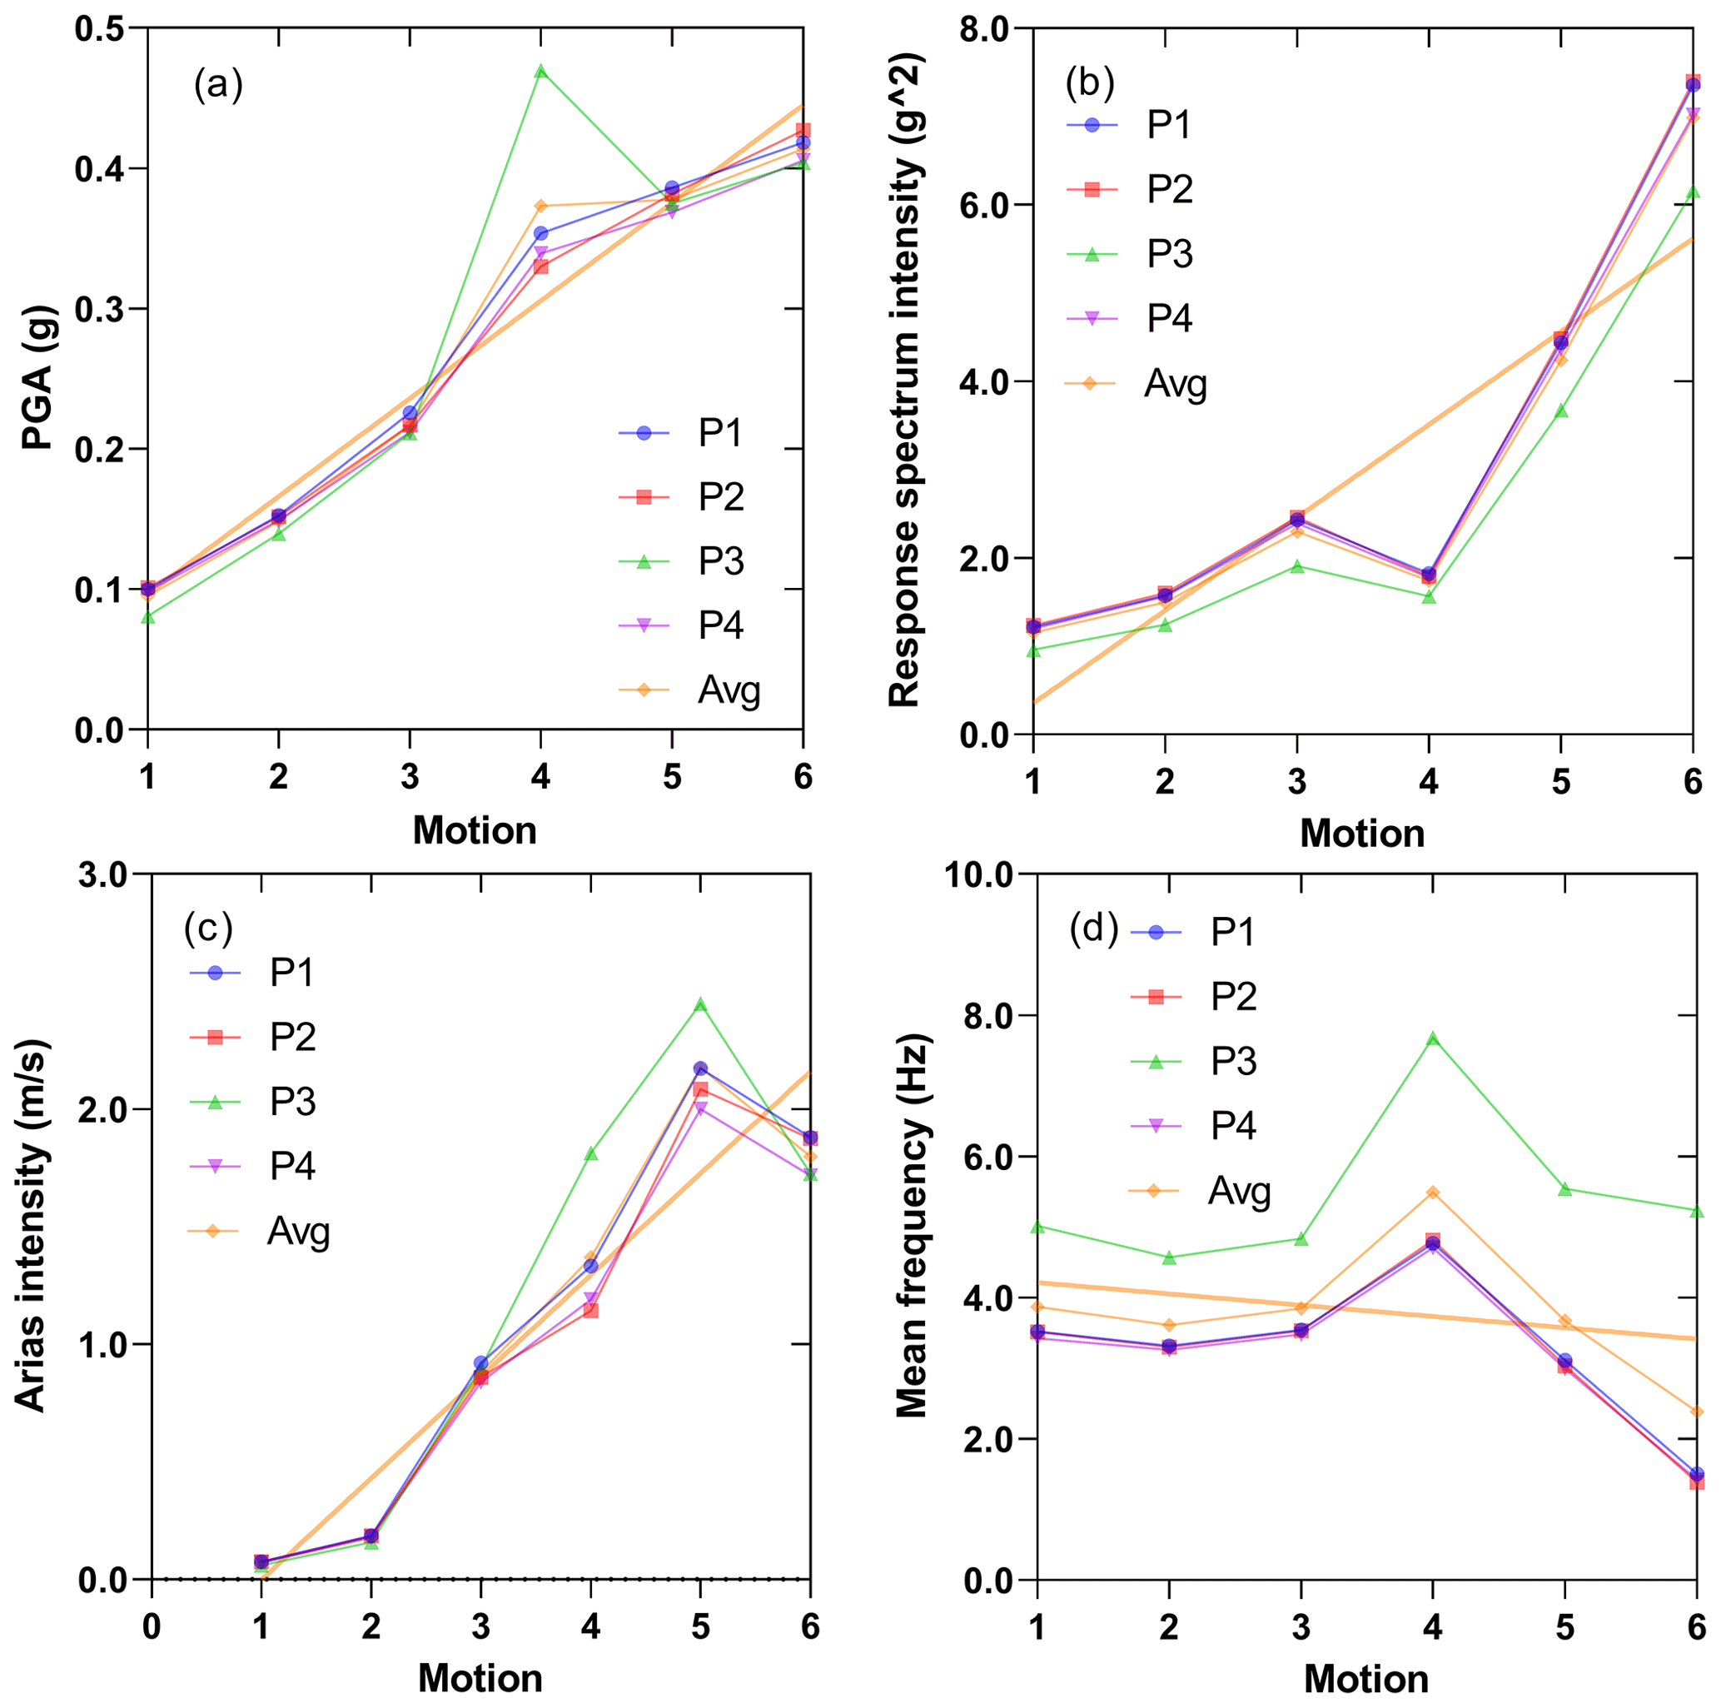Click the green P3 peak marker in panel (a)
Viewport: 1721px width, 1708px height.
click(x=540, y=71)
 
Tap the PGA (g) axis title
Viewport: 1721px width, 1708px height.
click(x=38, y=378)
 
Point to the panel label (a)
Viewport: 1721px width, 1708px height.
click(x=218, y=86)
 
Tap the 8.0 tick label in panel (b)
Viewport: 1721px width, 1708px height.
click(x=985, y=28)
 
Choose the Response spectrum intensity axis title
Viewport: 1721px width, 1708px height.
click(x=904, y=381)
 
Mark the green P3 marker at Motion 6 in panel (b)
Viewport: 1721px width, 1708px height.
click(x=1692, y=192)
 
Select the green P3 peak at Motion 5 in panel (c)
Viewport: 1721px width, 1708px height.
click(x=700, y=1004)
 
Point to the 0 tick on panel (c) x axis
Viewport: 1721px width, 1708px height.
click(x=152, y=1628)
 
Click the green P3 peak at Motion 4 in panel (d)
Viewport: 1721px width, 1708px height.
click(x=1432, y=1038)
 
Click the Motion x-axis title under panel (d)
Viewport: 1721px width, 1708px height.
click(x=1365, y=1680)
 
